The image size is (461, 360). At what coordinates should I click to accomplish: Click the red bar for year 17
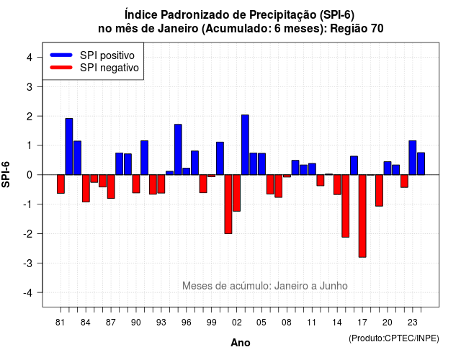(x=362, y=216)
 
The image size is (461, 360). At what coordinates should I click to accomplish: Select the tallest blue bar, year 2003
(x=245, y=145)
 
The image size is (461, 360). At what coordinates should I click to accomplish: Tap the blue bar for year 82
(x=69, y=147)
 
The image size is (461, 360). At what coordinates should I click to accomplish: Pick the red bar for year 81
(x=61, y=184)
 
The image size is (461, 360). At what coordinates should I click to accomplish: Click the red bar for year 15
(x=346, y=206)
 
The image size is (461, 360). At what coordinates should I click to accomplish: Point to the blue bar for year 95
(x=178, y=150)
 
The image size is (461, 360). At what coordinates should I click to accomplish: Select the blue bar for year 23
(x=413, y=158)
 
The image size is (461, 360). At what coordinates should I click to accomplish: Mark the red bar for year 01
(x=228, y=204)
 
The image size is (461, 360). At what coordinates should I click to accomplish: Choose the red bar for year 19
(x=379, y=190)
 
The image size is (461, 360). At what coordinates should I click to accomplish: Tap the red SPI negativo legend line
(x=61, y=68)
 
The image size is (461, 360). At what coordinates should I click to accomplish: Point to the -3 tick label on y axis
(x=28, y=263)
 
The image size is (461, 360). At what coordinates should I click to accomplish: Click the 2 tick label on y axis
(x=30, y=116)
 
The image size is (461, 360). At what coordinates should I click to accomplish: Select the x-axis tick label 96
(x=186, y=323)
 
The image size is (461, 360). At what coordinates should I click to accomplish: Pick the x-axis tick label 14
(x=337, y=323)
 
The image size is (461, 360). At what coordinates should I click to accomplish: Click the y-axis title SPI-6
(x=6, y=174)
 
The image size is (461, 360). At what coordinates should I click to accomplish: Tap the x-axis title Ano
(x=241, y=343)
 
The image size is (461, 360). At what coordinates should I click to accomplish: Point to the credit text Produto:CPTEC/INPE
(x=394, y=338)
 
